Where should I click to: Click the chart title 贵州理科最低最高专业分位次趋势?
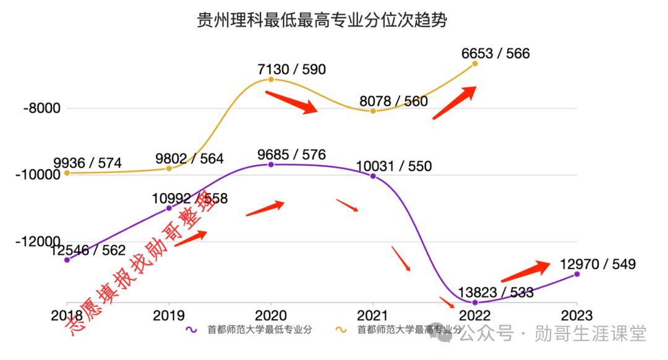point(322,20)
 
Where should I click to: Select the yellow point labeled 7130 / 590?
point(271,80)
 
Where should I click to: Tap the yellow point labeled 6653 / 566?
point(475,63)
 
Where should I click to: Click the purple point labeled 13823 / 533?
point(475,302)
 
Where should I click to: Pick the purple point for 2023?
point(577,274)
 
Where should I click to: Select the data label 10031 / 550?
point(394,166)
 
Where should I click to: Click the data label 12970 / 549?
point(597,264)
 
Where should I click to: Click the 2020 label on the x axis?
point(271,315)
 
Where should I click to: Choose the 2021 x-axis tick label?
point(373,315)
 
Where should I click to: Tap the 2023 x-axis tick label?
point(576,315)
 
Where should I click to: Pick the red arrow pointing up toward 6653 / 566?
point(454,103)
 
